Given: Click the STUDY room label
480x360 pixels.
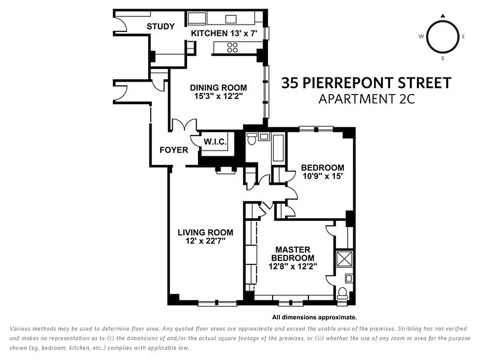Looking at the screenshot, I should pos(161,27).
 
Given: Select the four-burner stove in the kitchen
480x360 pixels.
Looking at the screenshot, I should pos(232,47).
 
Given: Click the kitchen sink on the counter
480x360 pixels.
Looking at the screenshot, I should pos(231,19).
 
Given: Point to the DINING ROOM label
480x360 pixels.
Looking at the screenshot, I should pos(218,88).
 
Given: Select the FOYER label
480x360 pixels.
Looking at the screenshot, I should pos(174,150).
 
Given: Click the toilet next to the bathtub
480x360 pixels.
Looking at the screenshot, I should pos(251,139).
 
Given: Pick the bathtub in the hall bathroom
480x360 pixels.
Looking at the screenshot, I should pos(278,148).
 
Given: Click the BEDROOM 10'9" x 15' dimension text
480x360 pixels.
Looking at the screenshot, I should pos(322,177).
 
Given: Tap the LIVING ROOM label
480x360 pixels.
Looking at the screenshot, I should pos(205,233).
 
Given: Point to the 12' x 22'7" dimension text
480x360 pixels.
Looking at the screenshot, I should pos(205,241).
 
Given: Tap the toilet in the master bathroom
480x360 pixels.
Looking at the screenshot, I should pos(343,293).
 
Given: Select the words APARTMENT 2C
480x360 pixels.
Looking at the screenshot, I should pos(366,99).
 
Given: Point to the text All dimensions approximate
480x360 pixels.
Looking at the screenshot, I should pos(314,317).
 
